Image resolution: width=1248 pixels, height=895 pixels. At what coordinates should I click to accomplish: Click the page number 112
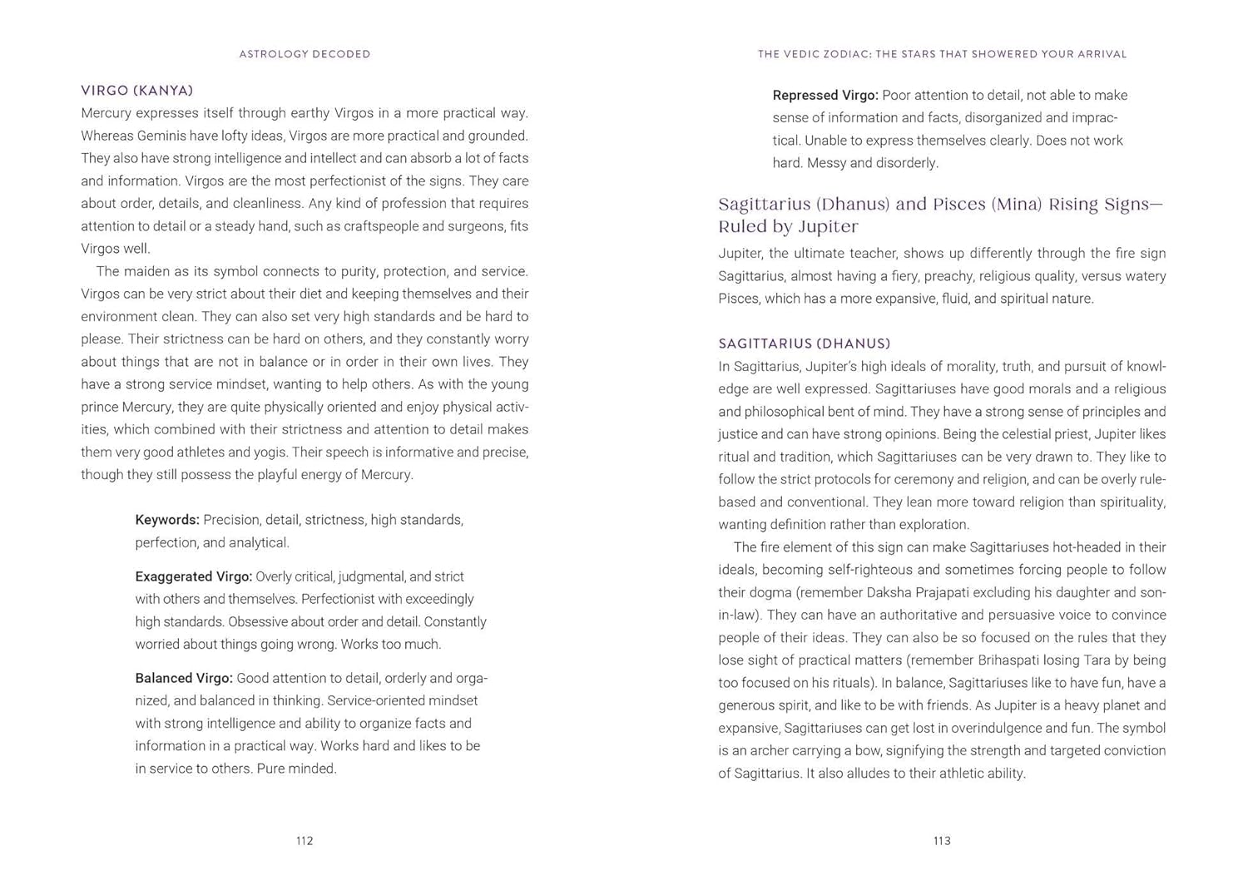(x=305, y=841)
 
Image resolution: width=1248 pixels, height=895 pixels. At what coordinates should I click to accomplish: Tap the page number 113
(x=942, y=841)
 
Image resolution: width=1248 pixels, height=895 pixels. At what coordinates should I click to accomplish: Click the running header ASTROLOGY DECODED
(x=305, y=54)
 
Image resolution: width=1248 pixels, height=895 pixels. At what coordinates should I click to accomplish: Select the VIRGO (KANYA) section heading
(x=137, y=90)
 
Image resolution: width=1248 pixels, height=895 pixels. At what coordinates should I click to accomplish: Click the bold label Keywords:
(x=167, y=520)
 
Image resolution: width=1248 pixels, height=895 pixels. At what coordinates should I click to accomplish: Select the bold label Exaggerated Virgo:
(x=194, y=576)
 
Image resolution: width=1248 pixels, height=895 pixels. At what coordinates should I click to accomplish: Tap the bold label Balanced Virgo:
(x=184, y=679)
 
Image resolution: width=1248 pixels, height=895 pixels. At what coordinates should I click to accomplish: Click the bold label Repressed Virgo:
(x=825, y=96)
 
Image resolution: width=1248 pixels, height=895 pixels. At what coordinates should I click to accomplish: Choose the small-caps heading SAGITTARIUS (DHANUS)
(x=805, y=344)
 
